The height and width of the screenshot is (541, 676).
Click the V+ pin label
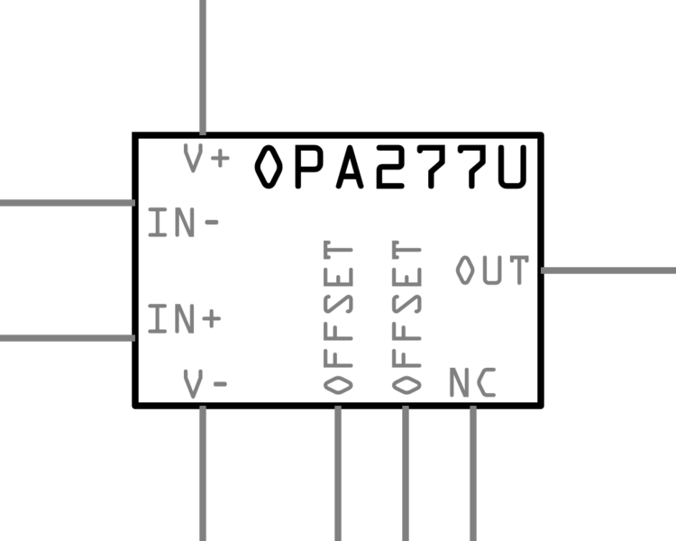click(x=206, y=159)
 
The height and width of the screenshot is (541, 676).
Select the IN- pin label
click(x=183, y=223)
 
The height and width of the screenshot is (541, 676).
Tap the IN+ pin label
click(x=184, y=319)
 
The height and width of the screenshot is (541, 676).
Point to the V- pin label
click(x=206, y=384)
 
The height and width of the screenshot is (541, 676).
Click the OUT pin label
click(x=491, y=270)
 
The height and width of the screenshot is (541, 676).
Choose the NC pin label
click(x=472, y=384)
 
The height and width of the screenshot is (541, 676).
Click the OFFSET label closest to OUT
click(x=406, y=317)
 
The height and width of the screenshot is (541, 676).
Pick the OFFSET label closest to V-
click(x=338, y=317)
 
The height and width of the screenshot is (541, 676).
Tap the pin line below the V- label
click(x=202, y=473)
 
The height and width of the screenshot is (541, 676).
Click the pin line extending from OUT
click(x=607, y=270)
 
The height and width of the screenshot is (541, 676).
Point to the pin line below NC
click(x=472, y=473)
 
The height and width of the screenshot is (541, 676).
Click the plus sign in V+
click(x=220, y=160)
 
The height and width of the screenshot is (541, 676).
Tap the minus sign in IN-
click(x=211, y=223)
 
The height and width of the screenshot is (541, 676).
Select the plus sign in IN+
click(x=211, y=319)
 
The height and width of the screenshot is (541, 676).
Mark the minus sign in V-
click(x=220, y=384)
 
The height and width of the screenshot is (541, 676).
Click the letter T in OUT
click(x=517, y=270)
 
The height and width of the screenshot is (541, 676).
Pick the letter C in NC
click(x=485, y=384)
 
